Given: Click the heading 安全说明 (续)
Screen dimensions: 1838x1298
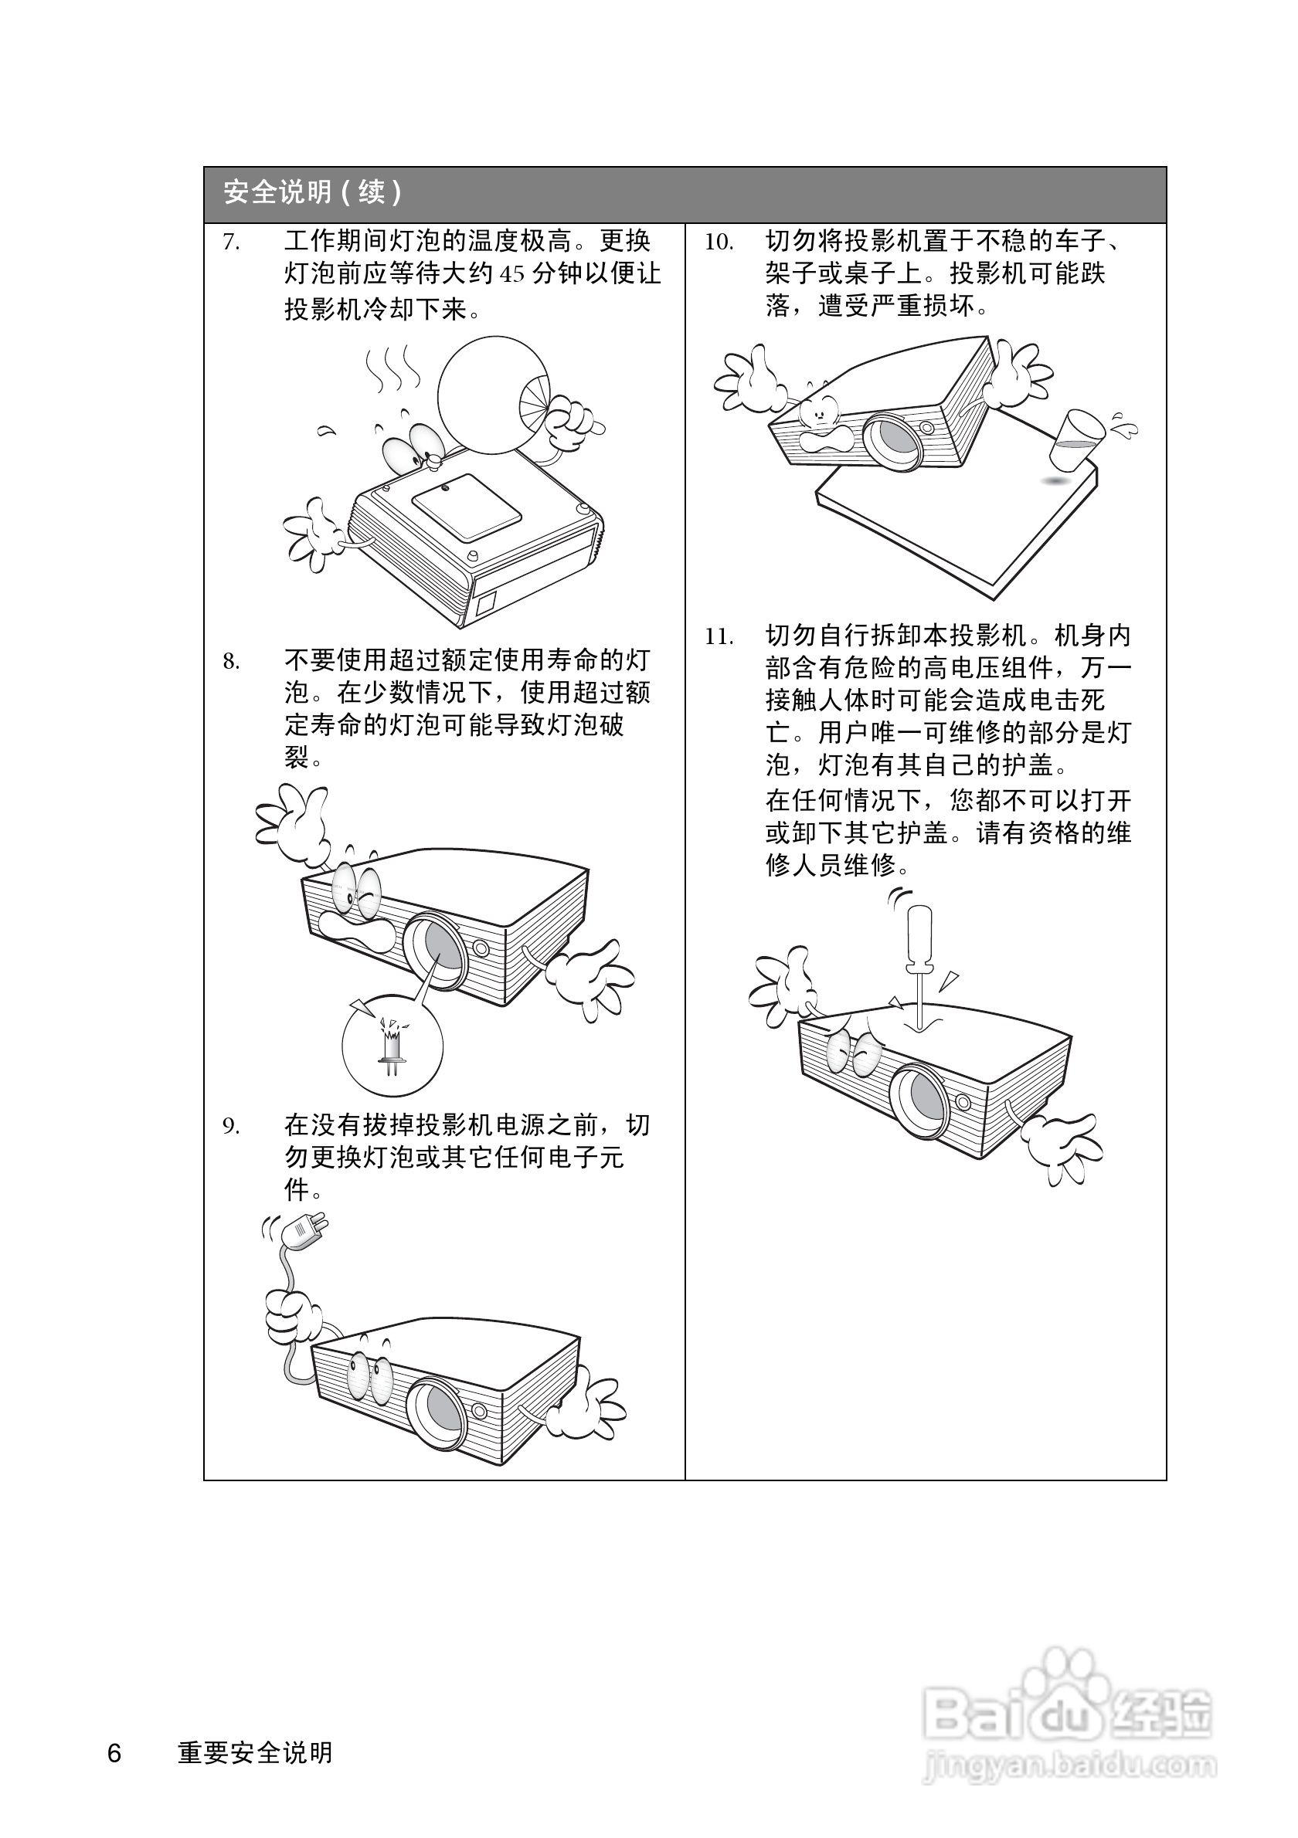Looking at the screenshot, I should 313,193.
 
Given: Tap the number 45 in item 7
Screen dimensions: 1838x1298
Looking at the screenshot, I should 512,275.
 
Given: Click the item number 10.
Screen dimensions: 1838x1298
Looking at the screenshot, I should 719,242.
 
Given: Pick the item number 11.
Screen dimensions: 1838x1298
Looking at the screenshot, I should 719,637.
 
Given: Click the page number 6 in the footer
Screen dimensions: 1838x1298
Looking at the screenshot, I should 114,1753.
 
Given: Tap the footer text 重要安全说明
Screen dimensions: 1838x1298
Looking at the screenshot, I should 256,1753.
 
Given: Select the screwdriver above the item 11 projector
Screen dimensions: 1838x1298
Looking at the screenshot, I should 920,961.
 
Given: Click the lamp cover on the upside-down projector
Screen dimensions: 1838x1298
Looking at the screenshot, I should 466,507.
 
